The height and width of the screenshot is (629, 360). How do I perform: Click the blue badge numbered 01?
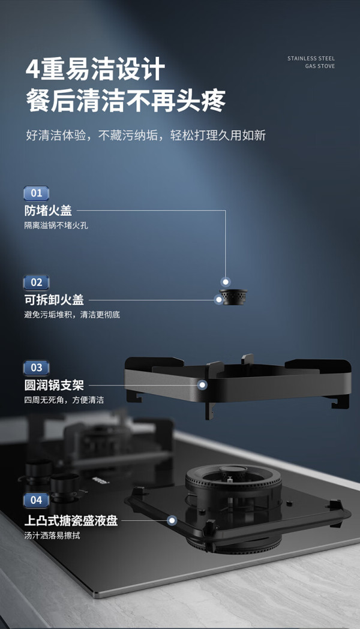click(37, 193)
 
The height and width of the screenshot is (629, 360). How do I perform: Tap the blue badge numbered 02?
click(37, 282)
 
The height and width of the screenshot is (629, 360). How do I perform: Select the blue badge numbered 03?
click(37, 368)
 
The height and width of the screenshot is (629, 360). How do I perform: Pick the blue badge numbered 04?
click(37, 500)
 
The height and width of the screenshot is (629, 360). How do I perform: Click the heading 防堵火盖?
click(48, 210)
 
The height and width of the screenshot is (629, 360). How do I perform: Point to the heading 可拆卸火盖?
click(54, 300)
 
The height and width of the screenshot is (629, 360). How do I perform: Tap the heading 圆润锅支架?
click(54, 385)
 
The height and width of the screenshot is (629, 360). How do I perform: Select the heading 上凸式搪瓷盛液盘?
click(71, 520)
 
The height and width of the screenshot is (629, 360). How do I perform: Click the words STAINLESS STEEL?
click(311, 59)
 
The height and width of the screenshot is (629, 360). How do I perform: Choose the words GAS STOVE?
click(320, 66)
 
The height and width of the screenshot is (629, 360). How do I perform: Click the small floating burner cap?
click(233, 297)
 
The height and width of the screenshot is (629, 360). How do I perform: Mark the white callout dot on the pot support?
click(203, 385)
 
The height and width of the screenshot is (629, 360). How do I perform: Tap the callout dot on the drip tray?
click(172, 520)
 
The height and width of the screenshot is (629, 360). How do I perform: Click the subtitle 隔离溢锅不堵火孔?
click(56, 225)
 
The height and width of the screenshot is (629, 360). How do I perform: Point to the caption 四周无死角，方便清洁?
click(64, 400)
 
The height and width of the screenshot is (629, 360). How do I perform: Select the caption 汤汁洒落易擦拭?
click(52, 535)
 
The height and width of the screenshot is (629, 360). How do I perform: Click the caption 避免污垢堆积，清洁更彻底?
click(72, 314)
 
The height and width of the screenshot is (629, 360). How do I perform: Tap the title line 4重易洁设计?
click(95, 69)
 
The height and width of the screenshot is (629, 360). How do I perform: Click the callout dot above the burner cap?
click(226, 282)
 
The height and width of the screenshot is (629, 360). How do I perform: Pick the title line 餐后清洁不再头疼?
click(126, 101)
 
